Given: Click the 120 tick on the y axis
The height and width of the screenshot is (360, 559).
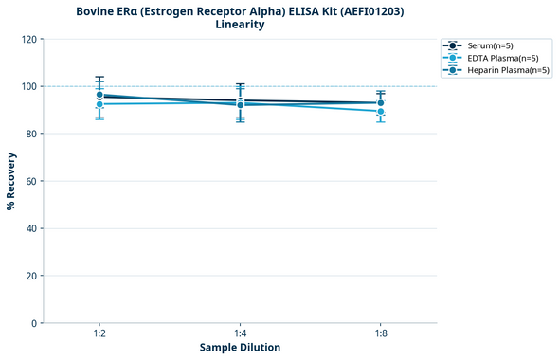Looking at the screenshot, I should [x=29, y=39].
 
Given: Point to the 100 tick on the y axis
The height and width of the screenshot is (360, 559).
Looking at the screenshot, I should [x=29, y=86].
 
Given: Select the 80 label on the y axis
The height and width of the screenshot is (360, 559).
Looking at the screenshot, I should [x=31, y=134].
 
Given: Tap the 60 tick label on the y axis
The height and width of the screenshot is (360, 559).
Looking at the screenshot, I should [x=31, y=181].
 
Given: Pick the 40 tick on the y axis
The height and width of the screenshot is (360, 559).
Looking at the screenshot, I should [x=31, y=228].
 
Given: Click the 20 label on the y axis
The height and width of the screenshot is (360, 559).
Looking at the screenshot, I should [x=31, y=276].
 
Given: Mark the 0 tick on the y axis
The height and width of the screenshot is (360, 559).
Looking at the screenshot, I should [x=34, y=323].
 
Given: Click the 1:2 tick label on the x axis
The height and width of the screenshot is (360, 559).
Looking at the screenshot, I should [x=99, y=333].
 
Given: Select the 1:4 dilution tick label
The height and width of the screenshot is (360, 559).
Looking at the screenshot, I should [x=240, y=333].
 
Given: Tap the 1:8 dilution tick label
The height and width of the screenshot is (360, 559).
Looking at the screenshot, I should [x=380, y=333].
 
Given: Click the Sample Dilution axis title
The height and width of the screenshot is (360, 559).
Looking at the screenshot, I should [x=240, y=348].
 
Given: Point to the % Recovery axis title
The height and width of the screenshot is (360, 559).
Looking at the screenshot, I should [x=11, y=181].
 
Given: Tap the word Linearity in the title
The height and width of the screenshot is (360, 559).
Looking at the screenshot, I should [x=240, y=25].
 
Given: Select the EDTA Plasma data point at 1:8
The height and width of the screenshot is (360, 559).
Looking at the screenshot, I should [x=380, y=111].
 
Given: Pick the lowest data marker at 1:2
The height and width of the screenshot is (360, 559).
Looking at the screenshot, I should [x=99, y=104].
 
